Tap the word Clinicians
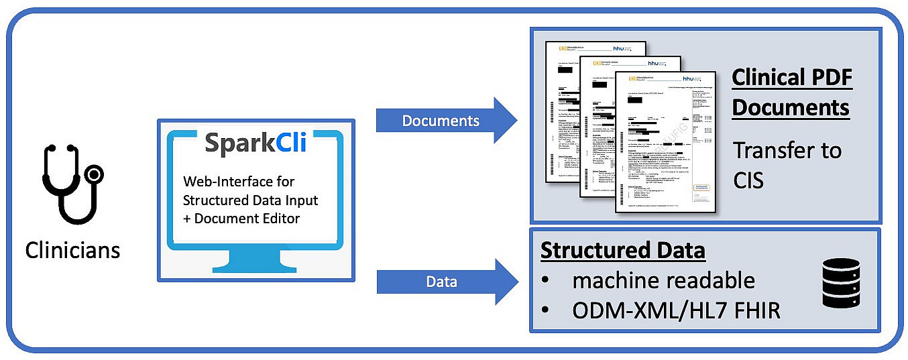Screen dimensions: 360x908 pyautogui.click(x=72, y=250)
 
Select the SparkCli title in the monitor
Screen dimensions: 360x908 pyautogui.click(x=255, y=142)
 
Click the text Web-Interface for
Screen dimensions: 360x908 pyautogui.click(x=239, y=182)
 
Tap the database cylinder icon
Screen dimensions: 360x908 pyautogui.click(x=840, y=282)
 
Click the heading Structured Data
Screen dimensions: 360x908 pyautogui.click(x=622, y=250)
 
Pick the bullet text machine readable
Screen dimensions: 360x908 pyautogui.click(x=663, y=280)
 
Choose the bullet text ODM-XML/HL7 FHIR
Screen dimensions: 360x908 pyautogui.click(x=676, y=310)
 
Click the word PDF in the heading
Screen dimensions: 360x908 pyautogui.click(x=829, y=78)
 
